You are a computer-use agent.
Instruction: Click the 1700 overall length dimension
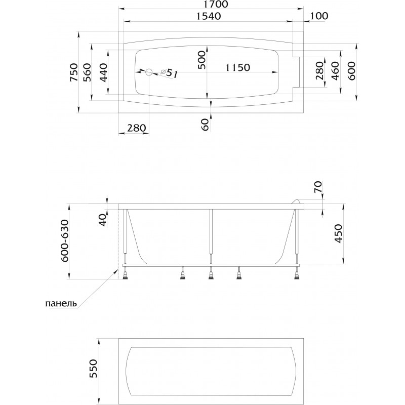(x=216, y=5)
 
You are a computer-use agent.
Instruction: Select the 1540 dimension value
(x=209, y=16)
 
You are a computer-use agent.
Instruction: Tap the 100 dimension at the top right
(x=318, y=16)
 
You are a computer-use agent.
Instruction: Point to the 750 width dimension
(x=74, y=72)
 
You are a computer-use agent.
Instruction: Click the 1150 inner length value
(x=238, y=67)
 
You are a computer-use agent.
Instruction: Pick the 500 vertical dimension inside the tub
(x=202, y=60)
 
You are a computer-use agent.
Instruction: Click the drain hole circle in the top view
(x=149, y=72)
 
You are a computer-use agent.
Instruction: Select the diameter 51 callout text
(x=170, y=72)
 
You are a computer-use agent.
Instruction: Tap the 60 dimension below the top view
(x=205, y=125)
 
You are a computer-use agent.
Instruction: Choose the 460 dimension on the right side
(x=335, y=71)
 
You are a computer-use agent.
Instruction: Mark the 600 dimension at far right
(x=351, y=71)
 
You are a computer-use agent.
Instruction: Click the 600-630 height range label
(x=65, y=241)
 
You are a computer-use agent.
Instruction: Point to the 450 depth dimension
(x=338, y=233)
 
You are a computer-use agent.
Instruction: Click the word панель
(x=61, y=303)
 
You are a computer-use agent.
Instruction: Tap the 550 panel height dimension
(x=93, y=369)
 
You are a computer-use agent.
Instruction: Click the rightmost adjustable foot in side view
(x=297, y=274)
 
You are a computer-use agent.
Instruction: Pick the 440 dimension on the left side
(x=103, y=72)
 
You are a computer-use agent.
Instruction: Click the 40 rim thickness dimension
(x=103, y=220)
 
